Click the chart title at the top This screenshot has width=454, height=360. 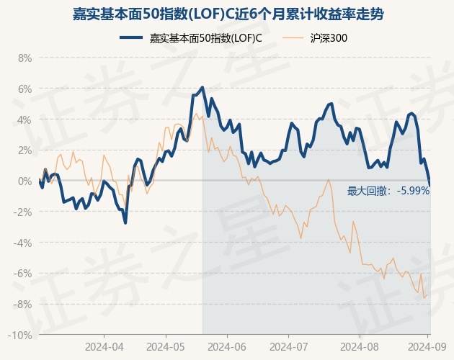(227, 14)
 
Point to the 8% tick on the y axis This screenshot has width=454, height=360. (25, 58)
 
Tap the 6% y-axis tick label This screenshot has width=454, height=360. (25, 89)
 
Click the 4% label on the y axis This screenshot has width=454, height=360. (25, 120)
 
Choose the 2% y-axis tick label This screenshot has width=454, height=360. (25, 150)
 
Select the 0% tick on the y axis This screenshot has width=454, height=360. (25, 181)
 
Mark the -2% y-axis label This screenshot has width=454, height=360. (23, 212)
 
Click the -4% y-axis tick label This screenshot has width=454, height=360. (23, 243)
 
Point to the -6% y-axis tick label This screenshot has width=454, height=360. (23, 274)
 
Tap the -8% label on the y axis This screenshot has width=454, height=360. (23, 305)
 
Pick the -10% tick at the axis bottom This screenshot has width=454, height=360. (21, 336)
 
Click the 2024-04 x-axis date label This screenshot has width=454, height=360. (104, 346)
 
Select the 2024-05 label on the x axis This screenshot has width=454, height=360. (165, 346)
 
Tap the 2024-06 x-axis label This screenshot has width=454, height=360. (227, 346)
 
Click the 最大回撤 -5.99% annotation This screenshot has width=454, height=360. (388, 191)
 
